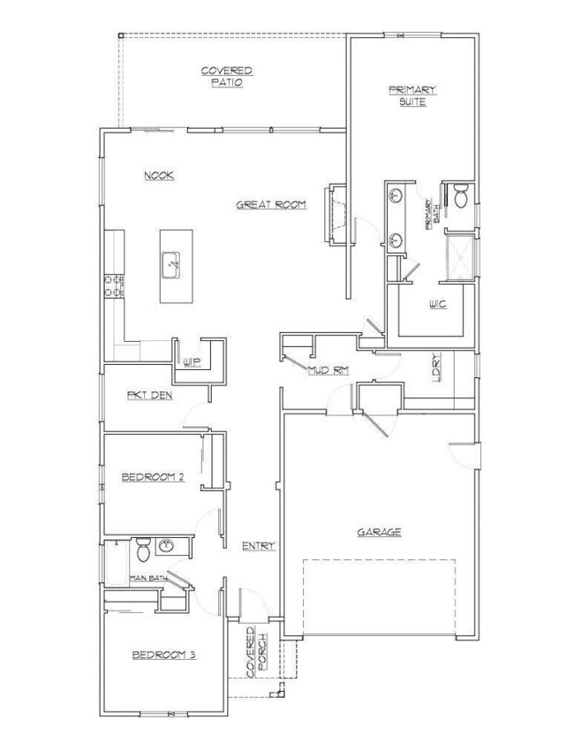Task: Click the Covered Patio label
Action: [227, 76]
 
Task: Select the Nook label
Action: [159, 176]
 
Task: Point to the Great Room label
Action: [270, 205]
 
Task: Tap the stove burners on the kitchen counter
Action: [114, 285]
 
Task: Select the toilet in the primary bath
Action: [460, 197]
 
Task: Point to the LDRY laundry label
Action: [436, 368]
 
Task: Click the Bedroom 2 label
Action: [152, 478]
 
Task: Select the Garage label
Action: [380, 532]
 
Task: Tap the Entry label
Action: [259, 546]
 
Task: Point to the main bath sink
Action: [165, 546]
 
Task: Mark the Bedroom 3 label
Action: [162, 655]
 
